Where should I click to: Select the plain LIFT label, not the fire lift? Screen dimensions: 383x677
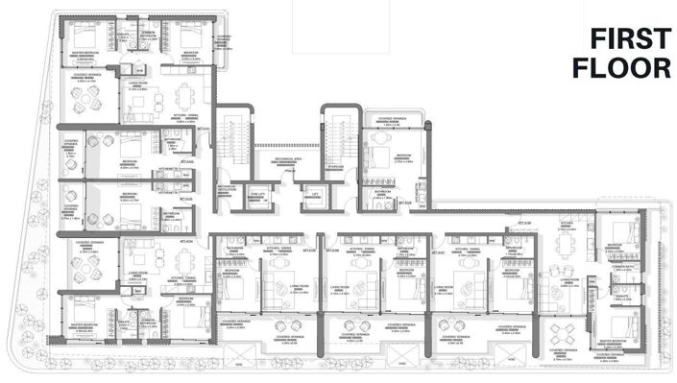(314, 194)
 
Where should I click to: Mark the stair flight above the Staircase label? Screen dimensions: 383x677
(338, 134)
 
